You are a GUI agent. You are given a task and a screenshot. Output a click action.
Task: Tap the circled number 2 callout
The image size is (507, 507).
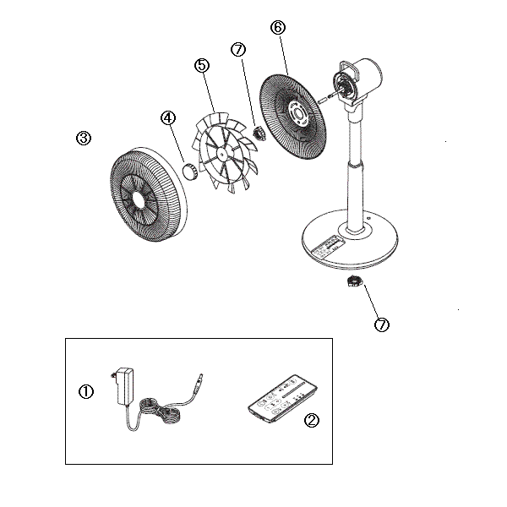click(x=311, y=419)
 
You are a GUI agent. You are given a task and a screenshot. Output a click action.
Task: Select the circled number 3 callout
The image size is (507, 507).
click(x=83, y=139)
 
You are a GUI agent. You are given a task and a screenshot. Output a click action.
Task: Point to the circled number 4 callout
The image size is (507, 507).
click(x=168, y=118)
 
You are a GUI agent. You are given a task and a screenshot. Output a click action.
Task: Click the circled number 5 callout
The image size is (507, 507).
click(x=201, y=65)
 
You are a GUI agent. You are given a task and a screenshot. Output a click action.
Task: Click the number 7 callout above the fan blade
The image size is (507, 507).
click(x=238, y=50)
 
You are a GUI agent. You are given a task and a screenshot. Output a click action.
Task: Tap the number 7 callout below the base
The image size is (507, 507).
click(x=382, y=324)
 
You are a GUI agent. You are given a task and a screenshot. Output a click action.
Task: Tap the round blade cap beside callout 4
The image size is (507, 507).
click(x=188, y=172)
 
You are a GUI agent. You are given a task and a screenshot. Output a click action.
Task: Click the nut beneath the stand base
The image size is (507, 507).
click(x=352, y=281)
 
